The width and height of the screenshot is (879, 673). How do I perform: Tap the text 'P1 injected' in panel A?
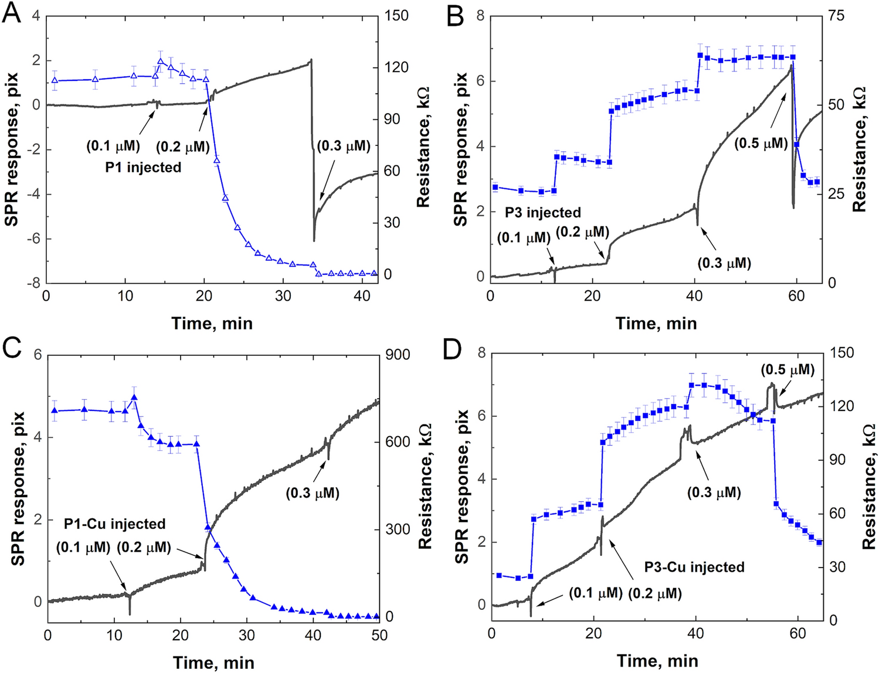click(143, 168)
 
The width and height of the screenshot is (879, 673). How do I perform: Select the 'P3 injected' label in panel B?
click(543, 212)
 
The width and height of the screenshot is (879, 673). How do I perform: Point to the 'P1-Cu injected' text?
click(114, 524)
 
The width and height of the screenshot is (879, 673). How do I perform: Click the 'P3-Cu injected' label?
click(694, 567)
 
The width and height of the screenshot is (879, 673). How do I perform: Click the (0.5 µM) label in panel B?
click(761, 143)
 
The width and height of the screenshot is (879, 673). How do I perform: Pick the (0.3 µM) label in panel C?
click(313, 494)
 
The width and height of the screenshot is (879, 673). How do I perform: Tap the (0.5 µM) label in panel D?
click(788, 370)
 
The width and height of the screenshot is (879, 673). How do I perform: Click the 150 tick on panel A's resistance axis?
click(396, 16)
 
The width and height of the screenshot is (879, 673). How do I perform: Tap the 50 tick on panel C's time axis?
click(379, 635)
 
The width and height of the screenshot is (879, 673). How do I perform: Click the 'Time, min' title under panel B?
click(656, 323)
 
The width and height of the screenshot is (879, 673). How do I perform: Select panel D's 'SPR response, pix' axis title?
click(462, 486)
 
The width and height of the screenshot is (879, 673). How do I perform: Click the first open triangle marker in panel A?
click(55, 80)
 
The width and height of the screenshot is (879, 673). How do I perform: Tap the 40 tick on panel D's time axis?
click(696, 634)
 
